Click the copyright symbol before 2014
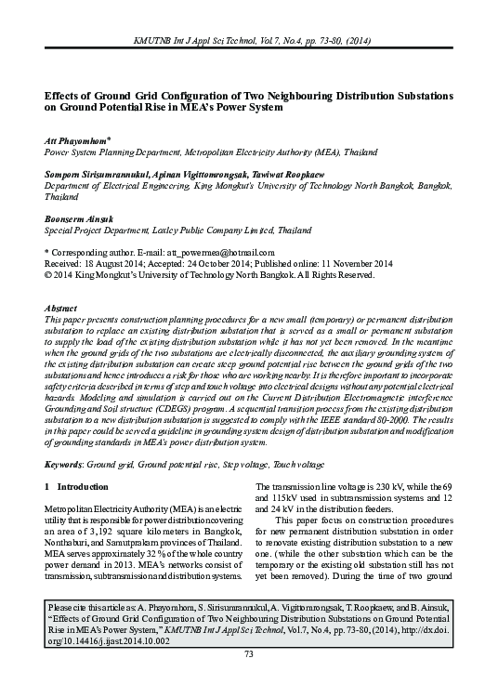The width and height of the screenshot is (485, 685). coord(48,274)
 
